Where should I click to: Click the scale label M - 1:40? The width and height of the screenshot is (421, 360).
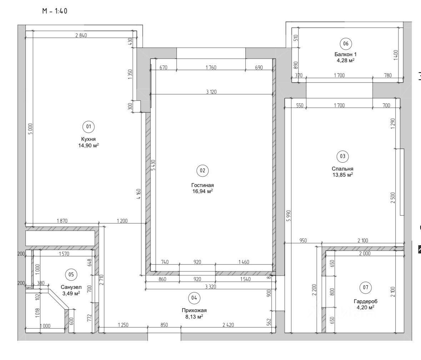tap(55, 11)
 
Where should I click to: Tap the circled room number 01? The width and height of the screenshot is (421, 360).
tap(89, 126)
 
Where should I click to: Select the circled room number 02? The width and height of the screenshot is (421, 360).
tap(202, 171)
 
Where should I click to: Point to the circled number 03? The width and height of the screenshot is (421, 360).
tap(342, 156)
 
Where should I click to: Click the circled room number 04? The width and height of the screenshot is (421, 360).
tap(194, 298)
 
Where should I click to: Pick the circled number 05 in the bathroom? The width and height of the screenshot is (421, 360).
tap(71, 275)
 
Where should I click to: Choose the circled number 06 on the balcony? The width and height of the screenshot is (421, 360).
tap(346, 44)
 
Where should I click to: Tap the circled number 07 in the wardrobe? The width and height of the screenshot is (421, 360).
tap(366, 287)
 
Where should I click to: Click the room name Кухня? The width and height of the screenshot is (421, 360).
tap(88, 139)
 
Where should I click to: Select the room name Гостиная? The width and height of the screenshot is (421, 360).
tap(202, 185)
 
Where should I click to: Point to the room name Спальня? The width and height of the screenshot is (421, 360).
tap(342, 169)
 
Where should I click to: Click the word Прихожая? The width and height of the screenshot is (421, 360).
tap(194, 310)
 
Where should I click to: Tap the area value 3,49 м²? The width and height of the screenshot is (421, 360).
tap(71, 293)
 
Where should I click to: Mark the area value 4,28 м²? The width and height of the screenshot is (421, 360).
tap(346, 60)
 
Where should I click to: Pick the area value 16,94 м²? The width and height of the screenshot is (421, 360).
tap(202, 191)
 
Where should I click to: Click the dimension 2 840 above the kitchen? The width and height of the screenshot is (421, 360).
tap(81, 35)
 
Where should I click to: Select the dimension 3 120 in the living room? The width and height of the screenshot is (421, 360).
tap(211, 92)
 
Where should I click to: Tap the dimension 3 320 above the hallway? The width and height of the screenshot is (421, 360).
tap(211, 287)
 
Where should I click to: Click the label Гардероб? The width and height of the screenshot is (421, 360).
tap(366, 301)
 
